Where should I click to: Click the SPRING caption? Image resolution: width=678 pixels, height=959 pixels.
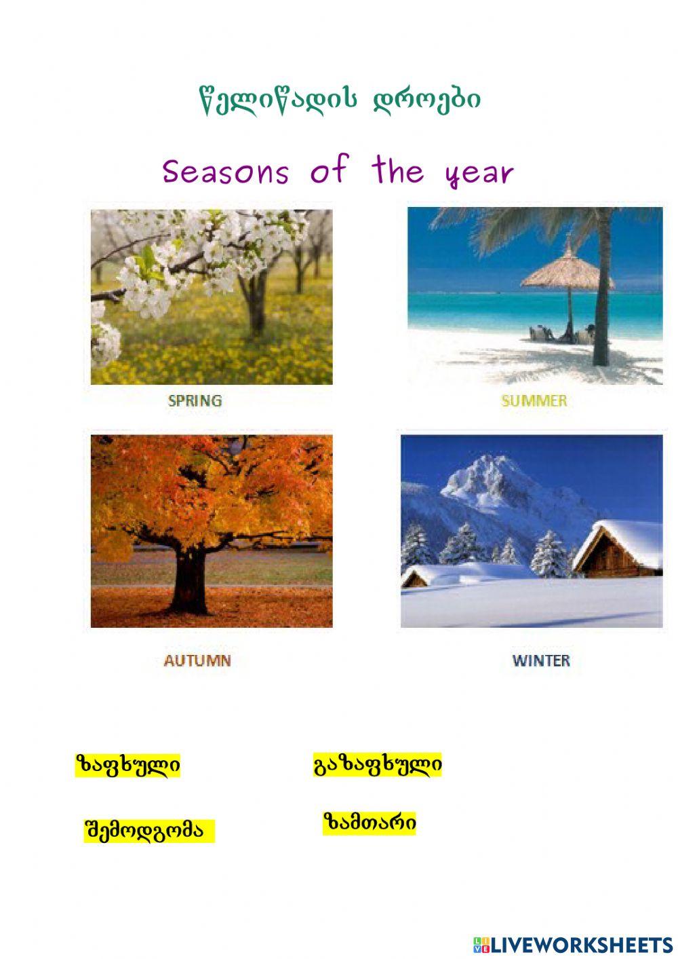coord(195,400)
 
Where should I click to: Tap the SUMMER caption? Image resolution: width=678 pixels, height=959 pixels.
coord(534,400)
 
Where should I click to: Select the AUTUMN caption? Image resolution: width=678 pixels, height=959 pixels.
coord(197,660)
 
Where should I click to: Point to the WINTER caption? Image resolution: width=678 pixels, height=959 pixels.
coord(541,660)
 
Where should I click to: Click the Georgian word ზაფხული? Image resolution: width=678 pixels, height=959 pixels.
coord(127,766)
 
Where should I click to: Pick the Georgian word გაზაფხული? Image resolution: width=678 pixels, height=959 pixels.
coord(378,765)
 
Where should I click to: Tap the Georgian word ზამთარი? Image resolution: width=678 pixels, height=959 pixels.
coord(370,823)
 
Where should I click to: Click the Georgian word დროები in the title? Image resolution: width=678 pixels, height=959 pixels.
coord(427,100)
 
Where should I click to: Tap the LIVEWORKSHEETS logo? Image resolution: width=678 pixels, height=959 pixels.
coord(572,944)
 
